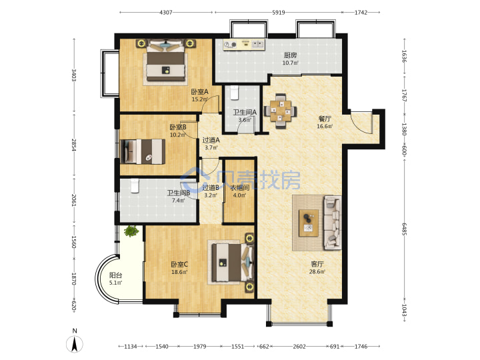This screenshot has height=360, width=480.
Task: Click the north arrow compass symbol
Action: tap(75, 343)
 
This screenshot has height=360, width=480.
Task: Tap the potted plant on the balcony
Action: tap(131, 231)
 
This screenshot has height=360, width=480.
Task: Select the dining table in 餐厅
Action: tap(280, 111)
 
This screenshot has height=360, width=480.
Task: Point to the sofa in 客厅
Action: tap(333, 222)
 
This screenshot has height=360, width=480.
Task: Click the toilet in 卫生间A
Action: tap(234, 93)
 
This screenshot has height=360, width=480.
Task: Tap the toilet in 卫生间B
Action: tap(135, 186)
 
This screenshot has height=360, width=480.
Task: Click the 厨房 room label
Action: tap(290, 55)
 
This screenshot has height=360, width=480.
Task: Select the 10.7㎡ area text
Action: tap(290, 63)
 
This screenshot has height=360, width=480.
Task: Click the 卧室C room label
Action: tap(179, 264)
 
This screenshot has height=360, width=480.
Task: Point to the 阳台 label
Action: tap(115, 275)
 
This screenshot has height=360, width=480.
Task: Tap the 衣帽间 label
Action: tap(239, 187)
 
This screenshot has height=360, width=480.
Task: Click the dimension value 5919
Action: tap(278, 13)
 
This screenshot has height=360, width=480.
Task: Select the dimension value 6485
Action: tap(404, 229)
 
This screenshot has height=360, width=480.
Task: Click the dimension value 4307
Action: tap(166, 13)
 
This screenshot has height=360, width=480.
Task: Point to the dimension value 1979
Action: tap(199, 347)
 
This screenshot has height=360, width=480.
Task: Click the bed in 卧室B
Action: tap(143, 151)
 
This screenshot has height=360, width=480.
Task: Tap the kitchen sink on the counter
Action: tap(258, 45)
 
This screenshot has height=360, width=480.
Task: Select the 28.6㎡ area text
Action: tap(317, 271)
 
